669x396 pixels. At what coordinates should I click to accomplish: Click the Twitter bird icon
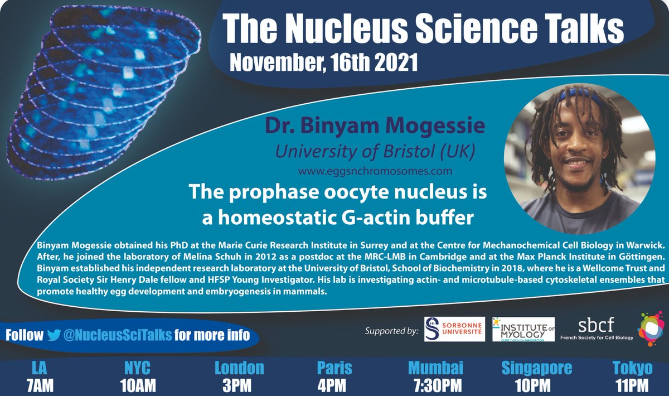tap(54, 335)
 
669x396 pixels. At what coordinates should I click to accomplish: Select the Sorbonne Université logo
tap(454, 330)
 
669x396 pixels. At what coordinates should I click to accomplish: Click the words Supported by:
tap(391, 331)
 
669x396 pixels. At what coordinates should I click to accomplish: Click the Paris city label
tap(334, 368)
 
